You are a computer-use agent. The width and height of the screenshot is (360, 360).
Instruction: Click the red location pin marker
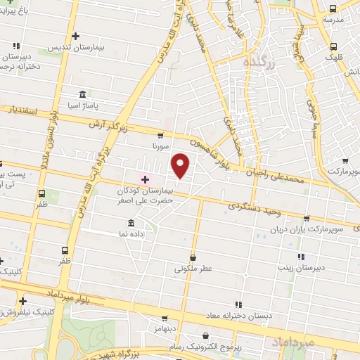(x=181, y=165)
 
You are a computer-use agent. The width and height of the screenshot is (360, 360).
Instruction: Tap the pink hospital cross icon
(x=146, y=180)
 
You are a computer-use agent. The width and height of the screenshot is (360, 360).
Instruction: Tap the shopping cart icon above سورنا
(x=161, y=136)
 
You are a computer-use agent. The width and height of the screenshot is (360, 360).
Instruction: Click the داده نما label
(x=131, y=233)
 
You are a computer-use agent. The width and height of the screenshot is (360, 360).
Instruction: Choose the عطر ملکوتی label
(x=193, y=269)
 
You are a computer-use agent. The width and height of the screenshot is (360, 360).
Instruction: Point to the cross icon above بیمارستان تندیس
(x=75, y=36)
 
